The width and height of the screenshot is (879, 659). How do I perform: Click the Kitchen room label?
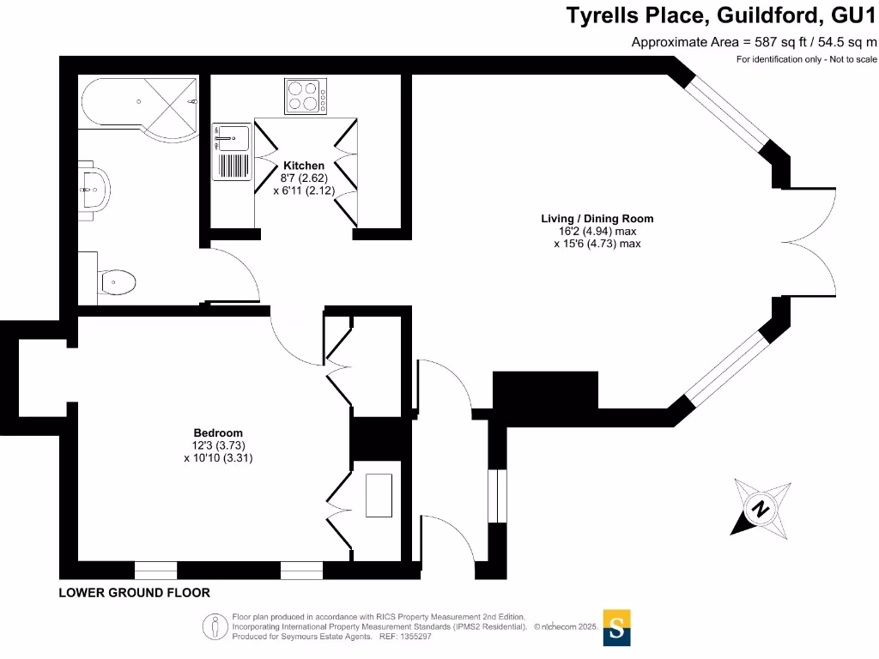(304, 166)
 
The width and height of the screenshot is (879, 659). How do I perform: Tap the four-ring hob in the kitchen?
(305, 95)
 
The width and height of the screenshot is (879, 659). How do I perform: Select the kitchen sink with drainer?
(232, 153)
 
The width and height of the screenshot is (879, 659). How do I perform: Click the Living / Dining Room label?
(597, 219)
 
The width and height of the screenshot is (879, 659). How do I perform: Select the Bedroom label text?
(218, 432)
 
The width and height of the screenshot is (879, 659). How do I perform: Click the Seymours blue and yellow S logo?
(616, 627)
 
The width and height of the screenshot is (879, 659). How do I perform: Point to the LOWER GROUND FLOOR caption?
(134, 593)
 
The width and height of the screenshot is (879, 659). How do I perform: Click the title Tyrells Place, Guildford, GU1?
(721, 15)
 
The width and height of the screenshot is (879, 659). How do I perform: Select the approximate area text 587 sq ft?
(755, 41)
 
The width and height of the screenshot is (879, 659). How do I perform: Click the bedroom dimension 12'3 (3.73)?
(218, 445)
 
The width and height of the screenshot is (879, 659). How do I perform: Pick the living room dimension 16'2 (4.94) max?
(597, 232)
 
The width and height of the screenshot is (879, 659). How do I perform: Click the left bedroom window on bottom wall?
(155, 570)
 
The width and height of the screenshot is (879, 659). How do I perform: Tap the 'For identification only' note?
(806, 59)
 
